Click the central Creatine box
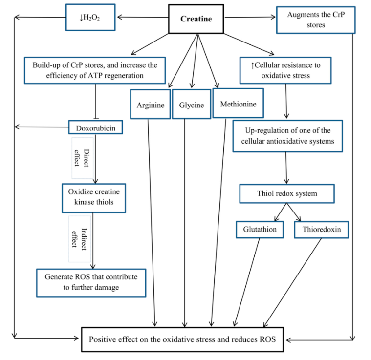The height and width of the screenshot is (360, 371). pos(196,19)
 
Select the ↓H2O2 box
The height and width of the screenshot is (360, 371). pos(90,18)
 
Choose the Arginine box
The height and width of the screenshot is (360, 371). pos(150,105)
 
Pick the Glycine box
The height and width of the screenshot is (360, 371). pos(191,105)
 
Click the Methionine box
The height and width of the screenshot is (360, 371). pos(238,104)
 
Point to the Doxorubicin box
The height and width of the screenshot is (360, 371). pos(95,128)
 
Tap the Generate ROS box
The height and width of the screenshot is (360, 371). pos(91,282)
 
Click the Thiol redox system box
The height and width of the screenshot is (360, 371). pos(286,193)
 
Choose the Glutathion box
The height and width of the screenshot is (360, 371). pos(260,229)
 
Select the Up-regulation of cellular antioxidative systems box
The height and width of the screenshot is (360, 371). pos(286,136)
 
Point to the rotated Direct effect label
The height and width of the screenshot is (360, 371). pos(82,158)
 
